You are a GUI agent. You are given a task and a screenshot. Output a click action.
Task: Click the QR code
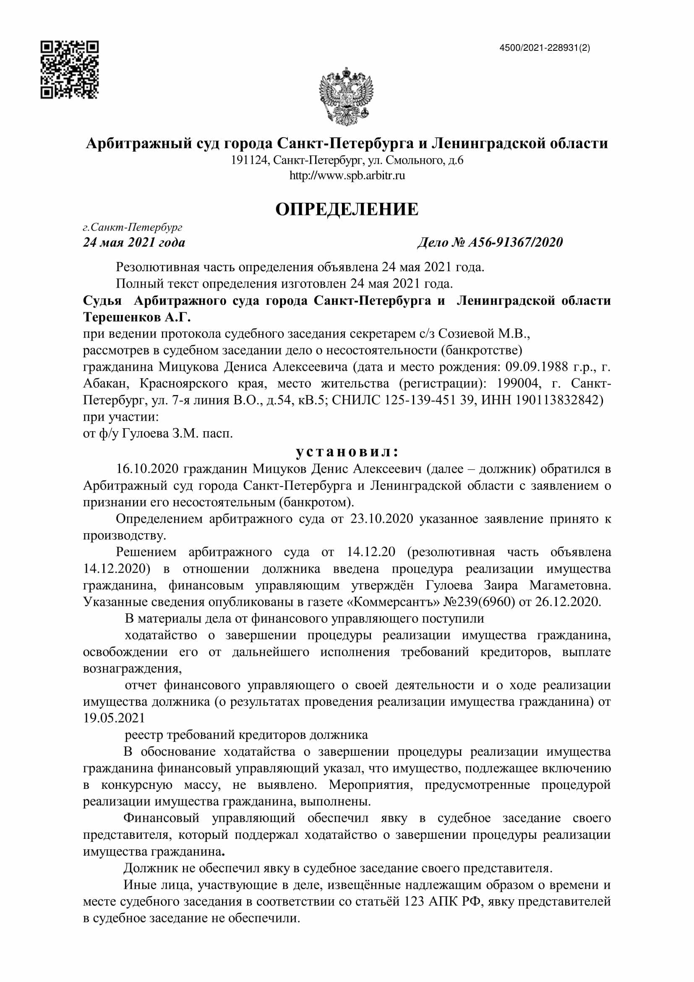click(70, 70)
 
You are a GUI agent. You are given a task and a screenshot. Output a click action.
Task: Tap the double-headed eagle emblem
click(346, 96)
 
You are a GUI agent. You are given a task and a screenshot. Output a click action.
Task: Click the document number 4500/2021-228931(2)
click(545, 48)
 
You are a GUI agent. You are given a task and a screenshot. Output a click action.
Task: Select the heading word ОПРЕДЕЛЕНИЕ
click(347, 209)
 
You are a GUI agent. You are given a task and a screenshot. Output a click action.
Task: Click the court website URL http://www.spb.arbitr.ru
click(347, 176)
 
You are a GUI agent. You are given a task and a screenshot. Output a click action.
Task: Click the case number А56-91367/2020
click(515, 243)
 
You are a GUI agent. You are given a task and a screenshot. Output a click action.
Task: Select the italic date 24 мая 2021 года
click(134, 243)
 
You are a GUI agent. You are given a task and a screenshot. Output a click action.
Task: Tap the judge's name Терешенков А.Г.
click(137, 317)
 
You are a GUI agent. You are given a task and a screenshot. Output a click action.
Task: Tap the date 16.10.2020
click(147, 469)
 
